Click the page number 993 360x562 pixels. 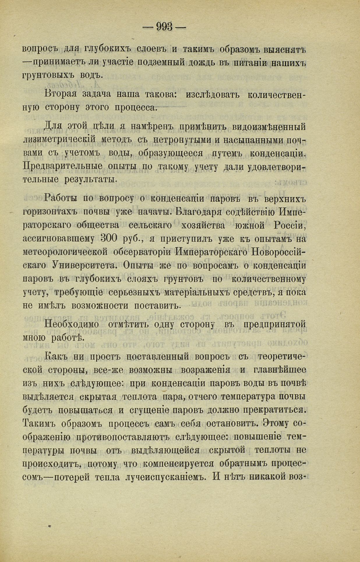(x=165, y=27)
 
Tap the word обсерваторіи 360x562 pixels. (x=144, y=252)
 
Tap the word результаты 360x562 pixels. (x=91, y=180)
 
